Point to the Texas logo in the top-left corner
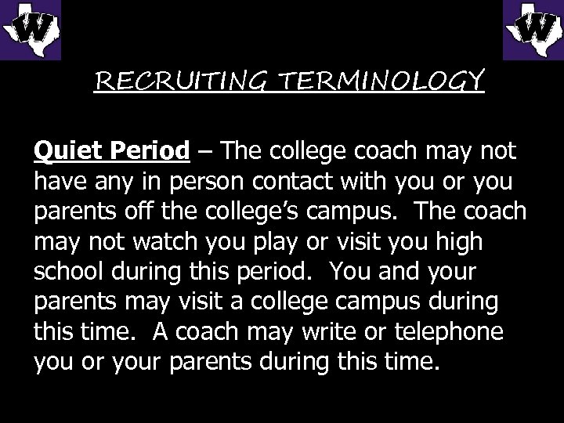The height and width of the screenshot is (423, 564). pyautogui.click(x=31, y=30)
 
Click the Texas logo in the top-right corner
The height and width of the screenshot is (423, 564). pyautogui.click(x=532, y=30)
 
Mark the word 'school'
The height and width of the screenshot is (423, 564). pyautogui.click(x=69, y=273)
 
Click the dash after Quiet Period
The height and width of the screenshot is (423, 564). pyautogui.click(x=204, y=150)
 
